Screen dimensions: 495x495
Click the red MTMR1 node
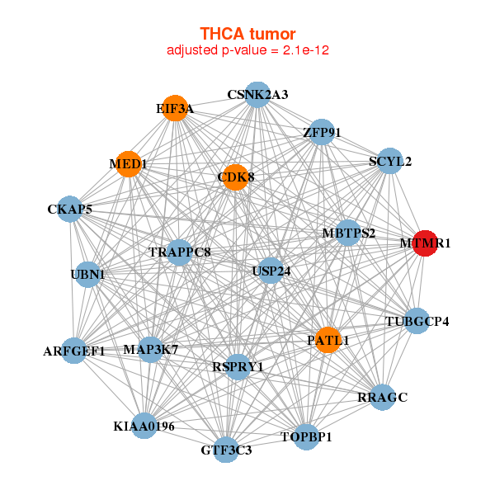click(425, 243)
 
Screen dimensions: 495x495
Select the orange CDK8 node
click(235, 177)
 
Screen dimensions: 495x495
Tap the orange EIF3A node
click(175, 108)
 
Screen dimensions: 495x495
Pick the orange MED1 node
click(129, 164)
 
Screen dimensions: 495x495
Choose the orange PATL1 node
click(328, 340)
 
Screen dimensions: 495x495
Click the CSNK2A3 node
click(257, 95)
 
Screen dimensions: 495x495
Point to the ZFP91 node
click(322, 132)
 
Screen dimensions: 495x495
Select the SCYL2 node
click(390, 161)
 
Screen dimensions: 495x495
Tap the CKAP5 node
click(70, 209)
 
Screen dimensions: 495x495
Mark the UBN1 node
click(87, 275)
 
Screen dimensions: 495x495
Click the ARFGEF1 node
click(74, 351)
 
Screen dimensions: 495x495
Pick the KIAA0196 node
click(144, 426)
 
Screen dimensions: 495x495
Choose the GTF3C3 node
click(226, 450)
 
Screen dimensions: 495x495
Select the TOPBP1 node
click(306, 437)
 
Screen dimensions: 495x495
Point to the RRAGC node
click(382, 397)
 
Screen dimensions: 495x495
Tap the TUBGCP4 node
click(417, 321)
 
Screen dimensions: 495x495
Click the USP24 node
click(271, 271)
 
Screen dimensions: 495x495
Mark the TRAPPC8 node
click(179, 252)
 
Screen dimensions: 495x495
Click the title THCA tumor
click(247, 34)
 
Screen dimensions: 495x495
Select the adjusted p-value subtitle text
click(247, 50)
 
